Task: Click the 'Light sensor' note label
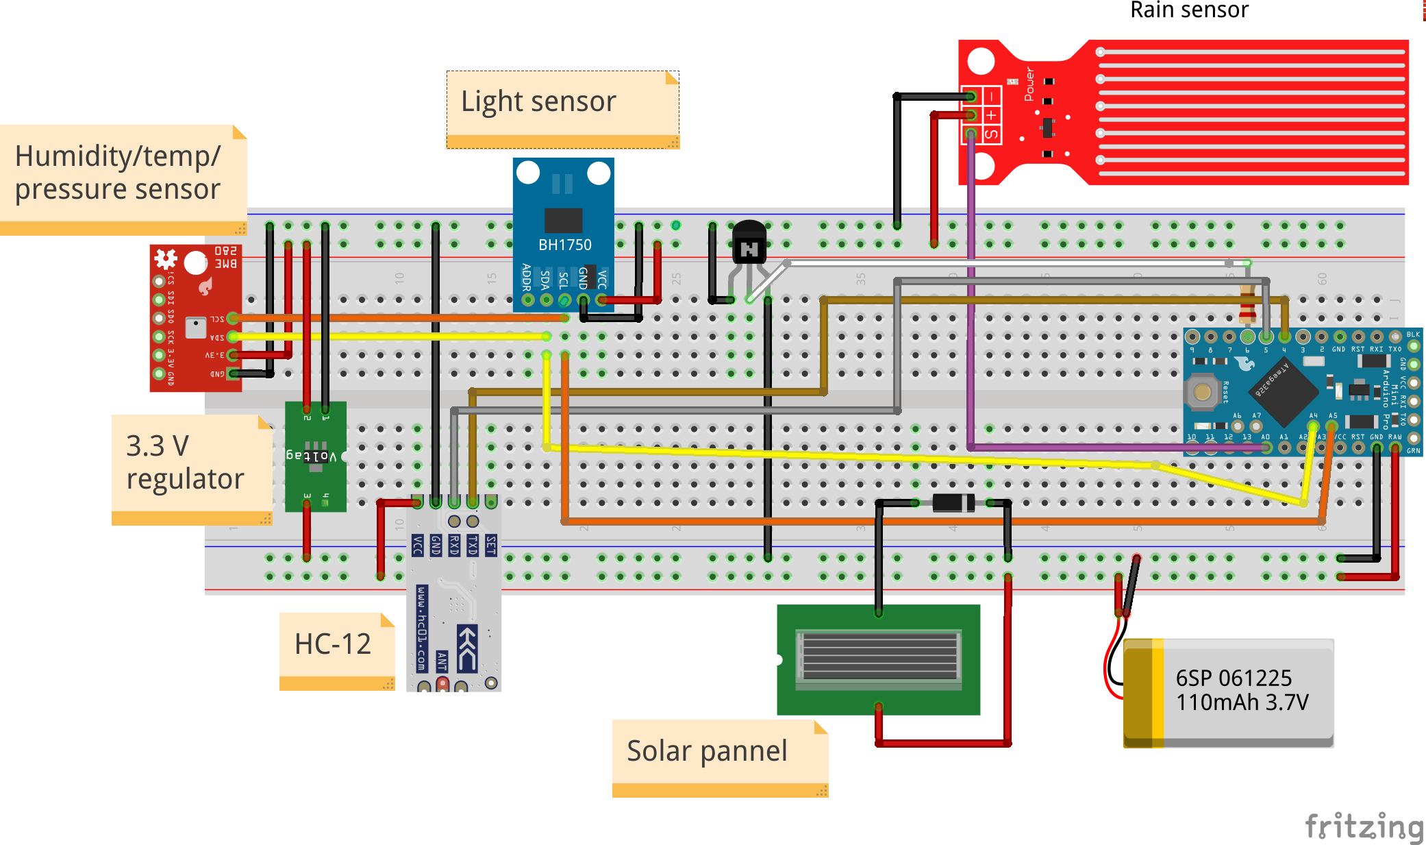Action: (x=538, y=101)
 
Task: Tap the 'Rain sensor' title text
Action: (x=1189, y=10)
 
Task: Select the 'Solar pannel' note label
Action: (x=707, y=750)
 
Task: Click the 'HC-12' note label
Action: (x=333, y=644)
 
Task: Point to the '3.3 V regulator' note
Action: (x=185, y=463)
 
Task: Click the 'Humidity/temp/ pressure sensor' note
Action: (x=118, y=173)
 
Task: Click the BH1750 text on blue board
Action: (x=564, y=245)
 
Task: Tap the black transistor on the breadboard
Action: (x=749, y=243)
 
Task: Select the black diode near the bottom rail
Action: (x=953, y=502)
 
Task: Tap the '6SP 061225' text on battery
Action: (x=1234, y=678)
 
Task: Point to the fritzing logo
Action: (x=1363, y=826)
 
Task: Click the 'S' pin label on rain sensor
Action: (x=991, y=134)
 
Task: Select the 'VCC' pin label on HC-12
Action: (x=417, y=546)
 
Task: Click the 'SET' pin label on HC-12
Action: (x=491, y=546)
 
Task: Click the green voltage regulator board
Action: (x=315, y=456)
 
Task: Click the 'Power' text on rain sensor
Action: (x=1029, y=84)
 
